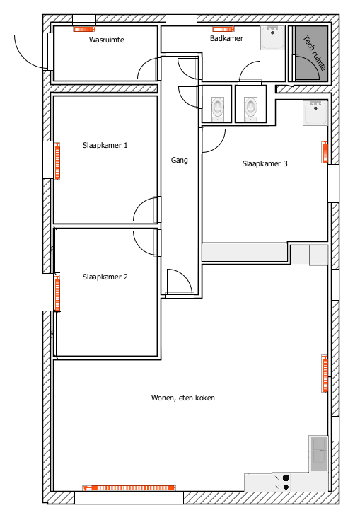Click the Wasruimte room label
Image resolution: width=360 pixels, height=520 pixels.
106,40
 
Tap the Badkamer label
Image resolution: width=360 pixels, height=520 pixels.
226,38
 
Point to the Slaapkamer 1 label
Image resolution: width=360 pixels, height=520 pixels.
105,145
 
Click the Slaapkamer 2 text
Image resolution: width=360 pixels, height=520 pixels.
105,277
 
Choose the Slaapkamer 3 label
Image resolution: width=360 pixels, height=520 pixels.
265,163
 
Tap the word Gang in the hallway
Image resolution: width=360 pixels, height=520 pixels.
180,160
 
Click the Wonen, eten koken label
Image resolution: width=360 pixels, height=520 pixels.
183,398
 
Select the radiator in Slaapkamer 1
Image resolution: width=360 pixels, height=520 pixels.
58,161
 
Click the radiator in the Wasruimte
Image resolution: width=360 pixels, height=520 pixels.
84,30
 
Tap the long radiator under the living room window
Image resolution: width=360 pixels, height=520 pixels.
129,488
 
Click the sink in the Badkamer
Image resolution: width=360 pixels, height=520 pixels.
272,37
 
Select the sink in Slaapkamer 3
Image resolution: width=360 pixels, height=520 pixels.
315,113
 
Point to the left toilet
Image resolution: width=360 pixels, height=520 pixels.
217,108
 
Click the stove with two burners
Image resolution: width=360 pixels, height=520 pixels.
281,483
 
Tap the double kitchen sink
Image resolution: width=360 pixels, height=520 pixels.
318,453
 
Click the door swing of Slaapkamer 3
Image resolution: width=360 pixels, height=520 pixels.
214,141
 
